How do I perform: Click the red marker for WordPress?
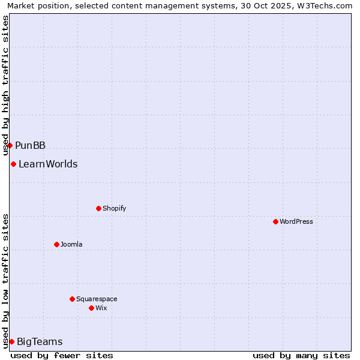pyautogui.click(x=275, y=221)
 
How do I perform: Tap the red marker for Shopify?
pyautogui.click(x=98, y=208)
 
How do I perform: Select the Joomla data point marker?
pyautogui.click(x=56, y=244)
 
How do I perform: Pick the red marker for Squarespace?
pyautogui.click(x=72, y=299)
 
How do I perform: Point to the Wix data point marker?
pyautogui.click(x=91, y=308)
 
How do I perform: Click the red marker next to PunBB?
pyautogui.click(x=10, y=145)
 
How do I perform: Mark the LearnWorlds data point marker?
pyautogui.click(x=13, y=164)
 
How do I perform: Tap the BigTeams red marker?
pyautogui.click(x=11, y=341)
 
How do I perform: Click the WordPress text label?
pyautogui.click(x=296, y=221)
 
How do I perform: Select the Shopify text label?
pyautogui.click(x=114, y=208)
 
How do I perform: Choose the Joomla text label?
pyautogui.click(x=71, y=244)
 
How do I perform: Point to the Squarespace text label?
pyautogui.click(x=97, y=299)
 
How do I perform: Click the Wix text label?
pyautogui.click(x=101, y=308)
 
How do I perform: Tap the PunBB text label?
pyautogui.click(x=30, y=145)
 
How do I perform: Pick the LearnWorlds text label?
pyautogui.click(x=48, y=164)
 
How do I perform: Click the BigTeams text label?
pyautogui.click(x=40, y=342)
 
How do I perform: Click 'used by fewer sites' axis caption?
pyautogui.click(x=62, y=355)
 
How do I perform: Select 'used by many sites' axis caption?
pyautogui.click(x=301, y=355)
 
